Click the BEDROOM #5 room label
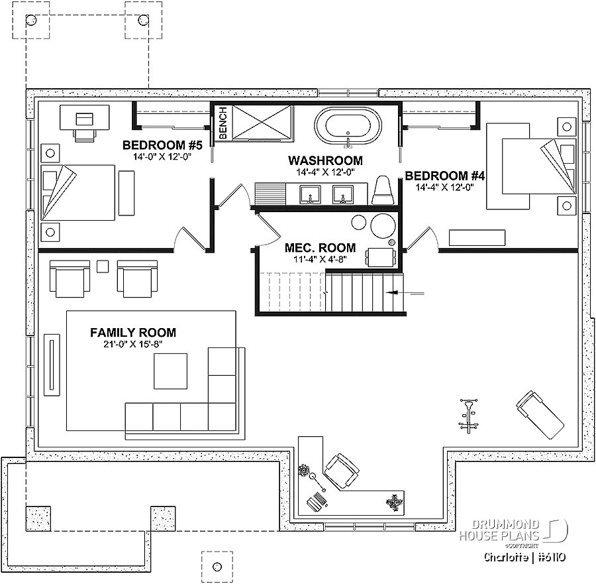162,145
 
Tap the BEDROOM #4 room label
445,176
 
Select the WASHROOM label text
325,160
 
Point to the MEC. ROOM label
320,248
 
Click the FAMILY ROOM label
133,333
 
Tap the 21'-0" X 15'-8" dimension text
133,344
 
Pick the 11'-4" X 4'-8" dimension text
320,259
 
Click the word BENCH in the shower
223,123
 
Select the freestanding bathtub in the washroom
348,126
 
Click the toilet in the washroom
383,190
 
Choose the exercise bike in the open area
468,416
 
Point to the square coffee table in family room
170,371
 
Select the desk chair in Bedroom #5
84,135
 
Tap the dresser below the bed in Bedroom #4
477,238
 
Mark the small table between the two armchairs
103,266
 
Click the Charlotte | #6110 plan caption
524,557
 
